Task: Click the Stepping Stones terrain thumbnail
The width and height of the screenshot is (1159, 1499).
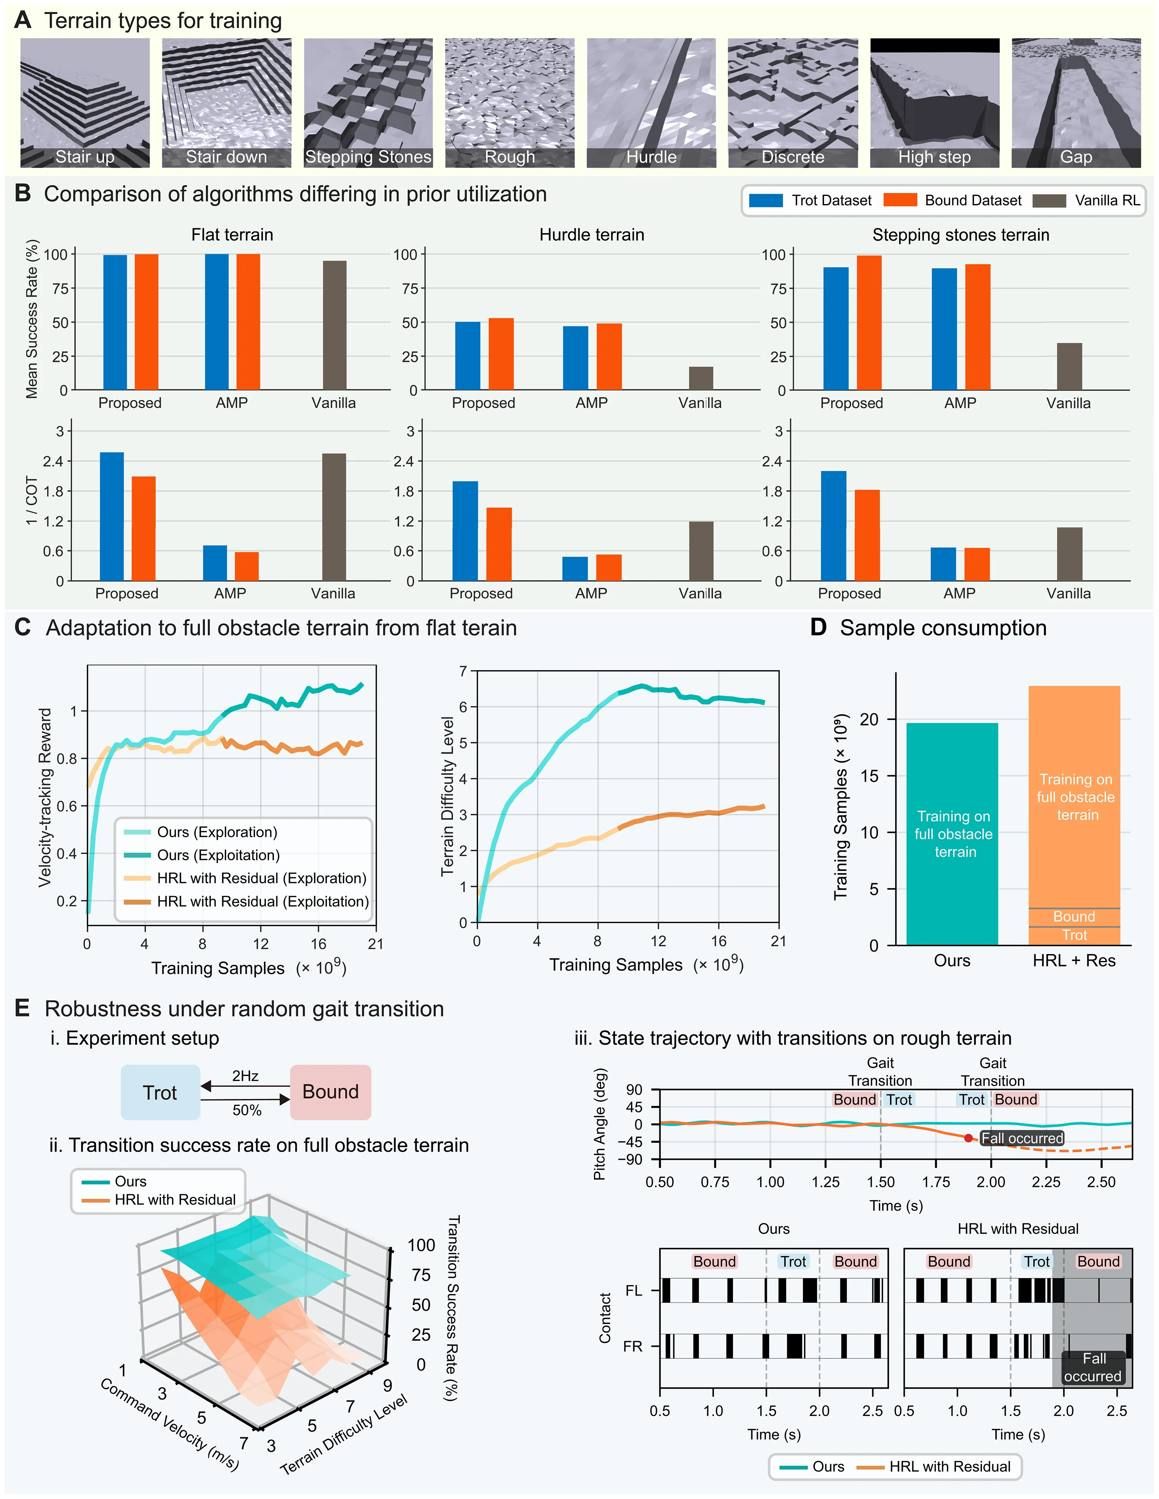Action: coord(368,103)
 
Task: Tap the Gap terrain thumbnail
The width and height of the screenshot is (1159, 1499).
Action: coord(1076,103)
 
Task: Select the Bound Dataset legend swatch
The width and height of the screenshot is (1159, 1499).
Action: coord(900,200)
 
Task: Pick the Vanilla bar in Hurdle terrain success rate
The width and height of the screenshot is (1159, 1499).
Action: coord(701,378)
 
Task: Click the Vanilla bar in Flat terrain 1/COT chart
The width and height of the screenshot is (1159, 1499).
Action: coord(334,517)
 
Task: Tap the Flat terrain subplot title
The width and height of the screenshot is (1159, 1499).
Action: coord(232,235)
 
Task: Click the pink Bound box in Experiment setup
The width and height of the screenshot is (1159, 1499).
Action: coord(330,1092)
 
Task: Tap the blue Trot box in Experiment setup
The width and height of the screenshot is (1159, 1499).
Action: coord(160,1092)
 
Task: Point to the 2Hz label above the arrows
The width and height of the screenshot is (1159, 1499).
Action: coord(245,1075)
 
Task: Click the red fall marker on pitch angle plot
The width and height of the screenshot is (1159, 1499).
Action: coord(968,1138)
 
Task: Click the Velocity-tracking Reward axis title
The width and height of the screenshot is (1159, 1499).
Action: coord(45,797)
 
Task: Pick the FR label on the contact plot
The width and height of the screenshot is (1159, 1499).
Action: coord(633,1346)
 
